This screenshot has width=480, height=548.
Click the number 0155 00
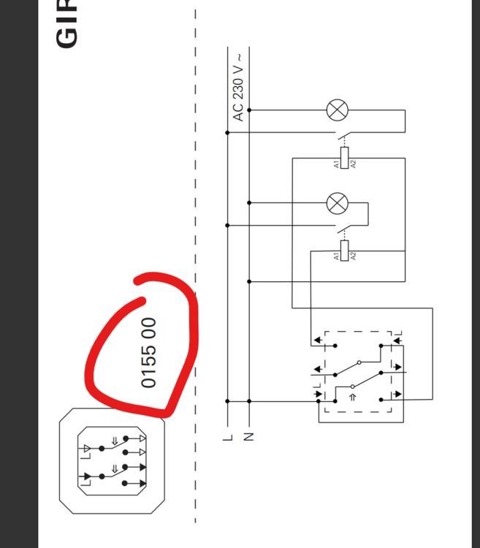click(148, 352)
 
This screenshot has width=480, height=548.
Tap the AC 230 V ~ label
click(237, 87)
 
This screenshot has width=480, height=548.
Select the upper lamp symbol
click(337, 110)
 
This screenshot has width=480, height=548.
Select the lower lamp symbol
click(337, 202)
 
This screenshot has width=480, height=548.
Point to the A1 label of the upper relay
click(337, 164)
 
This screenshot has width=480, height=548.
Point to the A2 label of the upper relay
click(352, 164)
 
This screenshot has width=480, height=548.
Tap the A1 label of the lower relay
click(337, 256)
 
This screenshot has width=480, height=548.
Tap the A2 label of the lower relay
click(352, 256)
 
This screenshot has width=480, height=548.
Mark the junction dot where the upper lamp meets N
click(249, 110)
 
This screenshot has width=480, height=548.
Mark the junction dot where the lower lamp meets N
click(249, 202)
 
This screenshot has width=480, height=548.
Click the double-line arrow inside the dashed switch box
click(351, 397)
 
